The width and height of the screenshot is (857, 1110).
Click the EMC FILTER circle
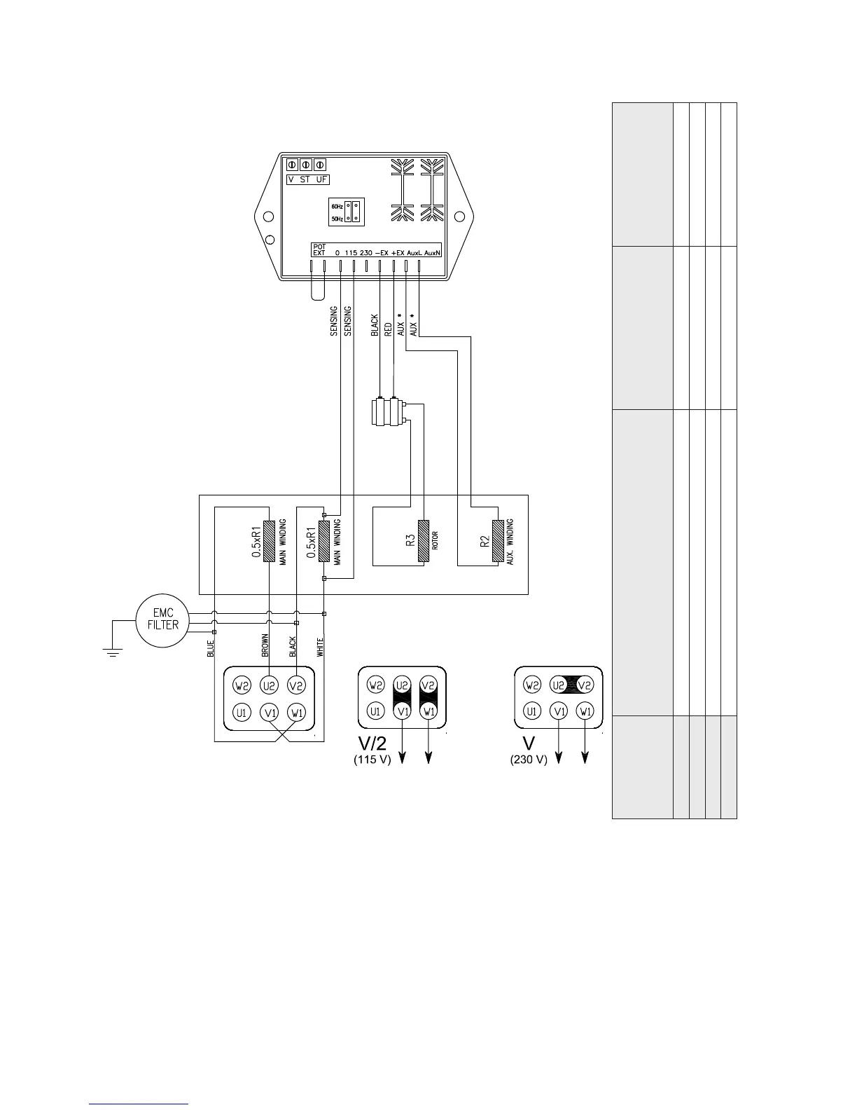(x=162, y=619)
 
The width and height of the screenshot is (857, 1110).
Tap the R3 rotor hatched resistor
(x=424, y=540)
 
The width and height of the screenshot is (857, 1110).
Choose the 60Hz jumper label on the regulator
(x=337, y=207)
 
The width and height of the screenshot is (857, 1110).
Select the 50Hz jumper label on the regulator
(x=337, y=219)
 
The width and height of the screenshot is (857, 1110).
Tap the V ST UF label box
(x=308, y=179)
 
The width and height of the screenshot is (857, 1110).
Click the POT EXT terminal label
(x=319, y=250)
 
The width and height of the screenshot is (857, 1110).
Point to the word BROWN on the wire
(x=265, y=645)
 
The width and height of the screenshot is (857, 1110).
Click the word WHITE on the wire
(x=320, y=647)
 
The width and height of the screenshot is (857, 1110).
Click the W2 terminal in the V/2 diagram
(x=375, y=685)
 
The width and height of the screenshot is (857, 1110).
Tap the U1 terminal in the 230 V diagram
(x=532, y=712)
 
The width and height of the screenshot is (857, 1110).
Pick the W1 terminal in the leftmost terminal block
(x=297, y=713)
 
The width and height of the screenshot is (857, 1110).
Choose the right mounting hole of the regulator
(x=459, y=217)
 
